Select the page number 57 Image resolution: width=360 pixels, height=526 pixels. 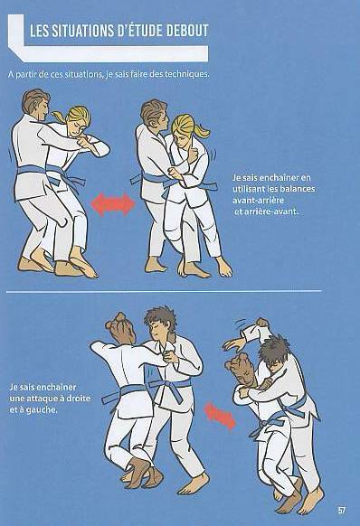(x=342, y=511)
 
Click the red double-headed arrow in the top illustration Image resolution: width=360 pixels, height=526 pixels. (x=112, y=203)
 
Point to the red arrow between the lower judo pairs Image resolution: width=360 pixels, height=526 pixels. (x=220, y=416)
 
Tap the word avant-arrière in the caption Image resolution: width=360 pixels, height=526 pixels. (x=259, y=201)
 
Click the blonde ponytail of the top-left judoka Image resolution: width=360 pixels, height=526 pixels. (x=59, y=116)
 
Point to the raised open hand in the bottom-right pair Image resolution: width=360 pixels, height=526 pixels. (x=234, y=344)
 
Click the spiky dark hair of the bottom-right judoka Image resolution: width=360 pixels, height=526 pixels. (x=274, y=349)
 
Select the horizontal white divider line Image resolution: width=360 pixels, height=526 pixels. (x=164, y=291)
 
